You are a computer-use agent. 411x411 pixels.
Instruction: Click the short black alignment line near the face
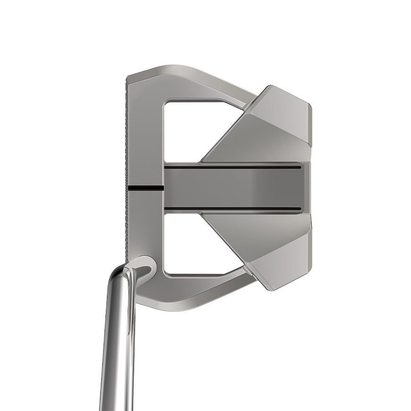click(x=146, y=188)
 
